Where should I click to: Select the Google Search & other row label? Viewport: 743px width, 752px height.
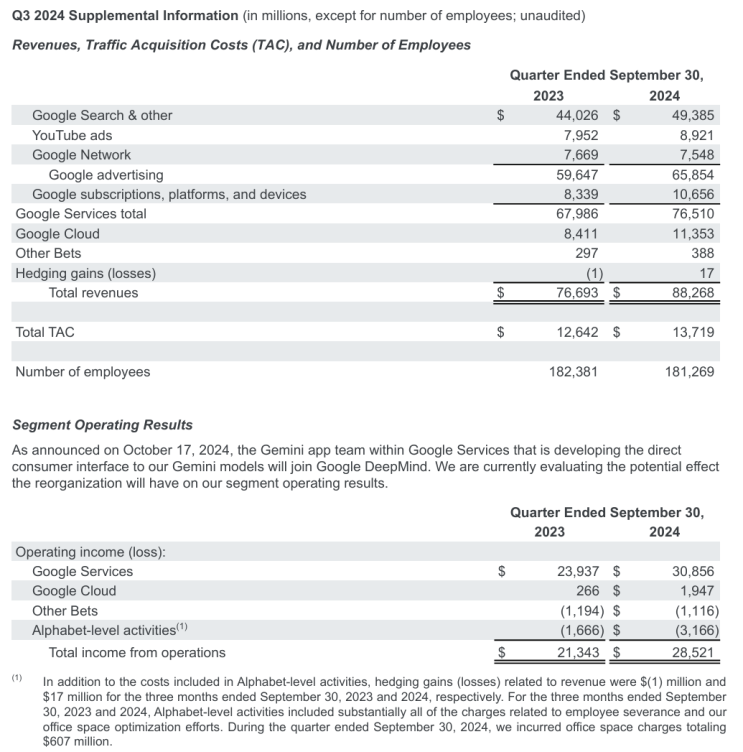pos(102,115)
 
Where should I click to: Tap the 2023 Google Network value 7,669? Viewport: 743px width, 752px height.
pos(577,155)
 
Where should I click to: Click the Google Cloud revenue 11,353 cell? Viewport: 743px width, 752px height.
pos(689,234)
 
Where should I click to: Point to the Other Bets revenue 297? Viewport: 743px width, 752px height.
pos(584,254)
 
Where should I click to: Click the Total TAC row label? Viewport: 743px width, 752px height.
pos(45,332)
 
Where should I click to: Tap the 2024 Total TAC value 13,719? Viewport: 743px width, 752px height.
pos(689,332)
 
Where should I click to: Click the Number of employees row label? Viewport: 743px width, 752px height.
pos(83,372)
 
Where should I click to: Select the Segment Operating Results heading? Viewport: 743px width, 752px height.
pos(102,425)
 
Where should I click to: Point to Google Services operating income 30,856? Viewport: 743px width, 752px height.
pos(689,571)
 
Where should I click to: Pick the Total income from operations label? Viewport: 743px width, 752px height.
pos(137,652)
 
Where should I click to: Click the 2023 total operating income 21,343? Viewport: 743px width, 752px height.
pos(577,652)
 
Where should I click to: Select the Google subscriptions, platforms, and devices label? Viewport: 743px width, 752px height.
pos(169,194)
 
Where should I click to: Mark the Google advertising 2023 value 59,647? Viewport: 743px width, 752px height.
pos(577,175)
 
